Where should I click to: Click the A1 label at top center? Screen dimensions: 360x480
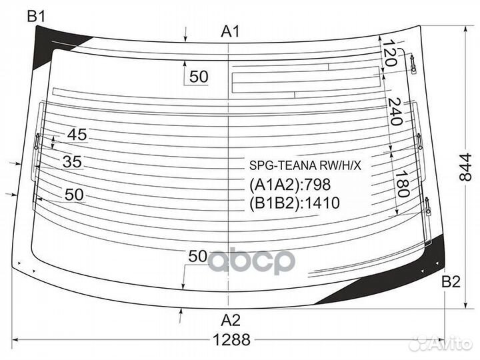tap(231, 31)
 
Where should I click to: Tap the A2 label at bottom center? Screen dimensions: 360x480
tap(231, 318)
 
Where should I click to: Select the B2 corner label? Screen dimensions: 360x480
tap(451, 282)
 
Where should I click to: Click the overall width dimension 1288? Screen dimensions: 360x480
tap(232, 339)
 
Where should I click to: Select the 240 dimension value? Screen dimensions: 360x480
tap(393, 111)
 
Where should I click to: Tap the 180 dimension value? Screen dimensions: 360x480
tap(401, 182)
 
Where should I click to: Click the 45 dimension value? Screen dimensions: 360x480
tap(77, 135)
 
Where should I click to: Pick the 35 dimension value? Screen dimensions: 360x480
tap(72, 161)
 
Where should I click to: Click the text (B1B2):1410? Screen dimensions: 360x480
tap(295, 203)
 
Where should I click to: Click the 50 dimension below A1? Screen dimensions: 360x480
tap(199, 77)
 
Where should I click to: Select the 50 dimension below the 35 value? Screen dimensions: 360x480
tap(75, 195)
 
